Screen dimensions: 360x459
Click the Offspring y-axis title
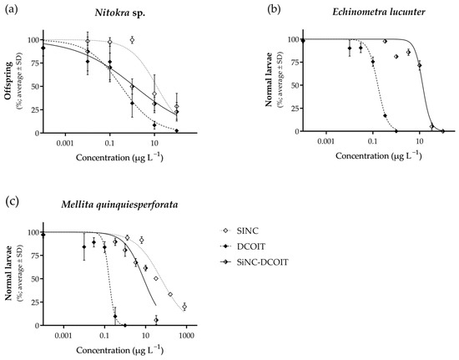click(11, 86)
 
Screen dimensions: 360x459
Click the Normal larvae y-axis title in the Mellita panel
click(11, 279)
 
